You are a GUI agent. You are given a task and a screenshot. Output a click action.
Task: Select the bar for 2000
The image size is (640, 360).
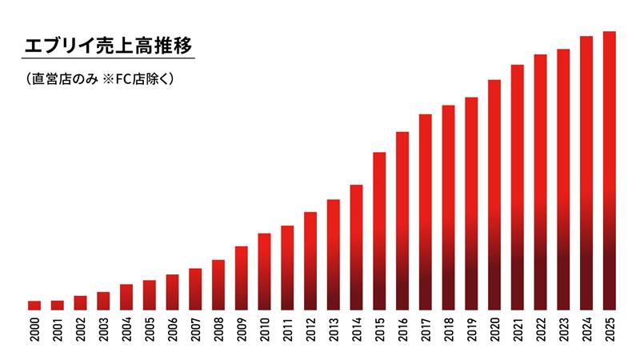tap(34, 305)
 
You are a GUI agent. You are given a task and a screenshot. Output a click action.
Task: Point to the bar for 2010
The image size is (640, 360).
tap(264, 271)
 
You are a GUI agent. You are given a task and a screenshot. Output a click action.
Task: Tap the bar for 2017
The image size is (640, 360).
tap(426, 212)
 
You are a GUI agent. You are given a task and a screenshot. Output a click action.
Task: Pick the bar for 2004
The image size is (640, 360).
tap(126, 297)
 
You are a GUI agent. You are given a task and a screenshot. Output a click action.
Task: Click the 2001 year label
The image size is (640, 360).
tap(58, 329)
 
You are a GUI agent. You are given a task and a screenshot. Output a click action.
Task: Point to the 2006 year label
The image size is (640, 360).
tap(172, 329)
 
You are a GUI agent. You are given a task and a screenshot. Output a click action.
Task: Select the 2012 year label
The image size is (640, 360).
tap(310, 329)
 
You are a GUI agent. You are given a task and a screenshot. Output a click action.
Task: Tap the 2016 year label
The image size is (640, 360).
tap(402, 329)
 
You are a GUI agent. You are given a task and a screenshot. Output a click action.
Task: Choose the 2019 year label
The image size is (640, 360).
tap(471, 329)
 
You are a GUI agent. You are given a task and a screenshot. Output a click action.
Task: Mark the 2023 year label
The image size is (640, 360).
tap(563, 329)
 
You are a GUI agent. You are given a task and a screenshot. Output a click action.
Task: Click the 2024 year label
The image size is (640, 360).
tap(586, 329)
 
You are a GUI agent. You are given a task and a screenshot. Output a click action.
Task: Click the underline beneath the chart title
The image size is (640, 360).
tap(109, 58)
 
